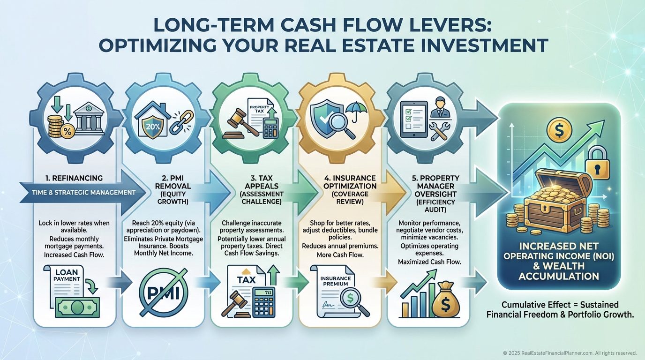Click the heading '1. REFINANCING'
pyautogui.click(x=74, y=178)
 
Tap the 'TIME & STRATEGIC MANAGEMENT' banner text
pyautogui.click(x=84, y=192)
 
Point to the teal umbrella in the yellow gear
pyautogui.click(x=356, y=111)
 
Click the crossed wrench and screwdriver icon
pyautogui.click(x=439, y=131)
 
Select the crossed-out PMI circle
pyautogui.click(x=163, y=292)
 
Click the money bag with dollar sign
pyautogui.click(x=445, y=300)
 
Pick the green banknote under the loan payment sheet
pyautogui.click(x=77, y=307)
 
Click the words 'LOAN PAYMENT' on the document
pyautogui.click(x=67, y=275)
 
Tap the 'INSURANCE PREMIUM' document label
pyautogui.click(x=336, y=281)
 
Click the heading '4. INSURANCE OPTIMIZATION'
pyautogui.click(x=350, y=182)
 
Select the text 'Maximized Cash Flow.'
pyautogui.click(x=430, y=262)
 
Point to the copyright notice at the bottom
pyautogui.click(x=570, y=353)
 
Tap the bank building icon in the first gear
pyautogui.click(x=89, y=120)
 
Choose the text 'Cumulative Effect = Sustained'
pyautogui.click(x=560, y=305)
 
